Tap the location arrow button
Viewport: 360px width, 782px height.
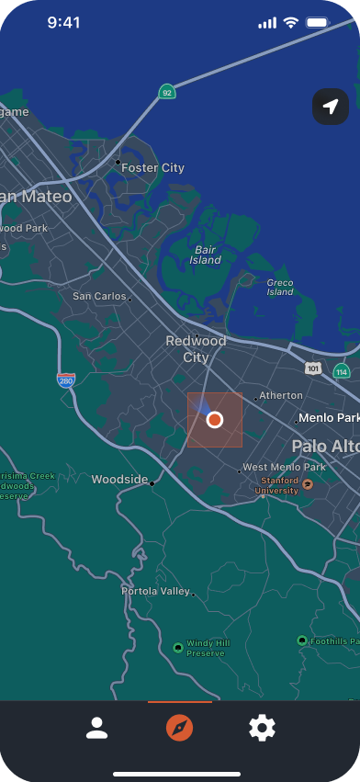(x=331, y=107)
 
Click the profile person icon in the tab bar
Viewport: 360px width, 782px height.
(x=96, y=729)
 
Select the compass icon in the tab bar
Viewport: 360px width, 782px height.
(x=180, y=729)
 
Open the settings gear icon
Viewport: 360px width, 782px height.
(x=262, y=729)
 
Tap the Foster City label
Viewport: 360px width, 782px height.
(x=152, y=168)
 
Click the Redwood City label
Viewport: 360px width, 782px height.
(x=196, y=349)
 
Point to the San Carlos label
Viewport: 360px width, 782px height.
(x=99, y=297)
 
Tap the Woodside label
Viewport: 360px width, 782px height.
(x=119, y=480)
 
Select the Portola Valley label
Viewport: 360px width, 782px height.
(x=155, y=592)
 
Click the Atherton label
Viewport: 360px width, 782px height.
(x=281, y=396)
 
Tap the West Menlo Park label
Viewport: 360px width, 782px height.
(x=284, y=468)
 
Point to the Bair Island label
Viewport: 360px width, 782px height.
(x=206, y=255)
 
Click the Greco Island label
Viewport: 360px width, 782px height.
(x=280, y=288)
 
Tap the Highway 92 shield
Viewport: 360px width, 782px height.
(x=166, y=92)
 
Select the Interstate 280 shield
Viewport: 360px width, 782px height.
(x=65, y=380)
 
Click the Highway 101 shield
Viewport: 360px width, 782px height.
(x=313, y=368)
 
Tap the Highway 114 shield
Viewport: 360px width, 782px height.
(x=342, y=371)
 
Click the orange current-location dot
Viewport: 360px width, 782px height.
(x=215, y=420)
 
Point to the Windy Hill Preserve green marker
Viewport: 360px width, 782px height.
(x=178, y=648)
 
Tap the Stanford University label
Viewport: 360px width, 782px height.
(x=279, y=485)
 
